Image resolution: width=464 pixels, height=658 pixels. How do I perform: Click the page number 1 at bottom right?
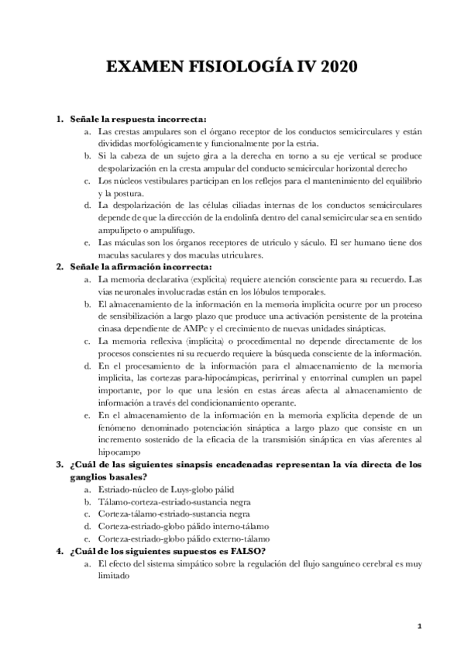point(418,625)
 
